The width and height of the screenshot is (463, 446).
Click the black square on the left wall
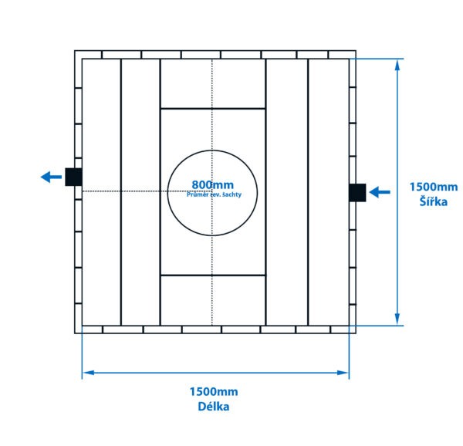point(73,177)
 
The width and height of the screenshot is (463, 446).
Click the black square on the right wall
point(357,192)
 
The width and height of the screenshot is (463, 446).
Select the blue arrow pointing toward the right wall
point(380,192)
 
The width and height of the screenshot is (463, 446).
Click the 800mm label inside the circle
point(212,185)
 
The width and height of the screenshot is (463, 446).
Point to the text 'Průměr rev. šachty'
point(214,195)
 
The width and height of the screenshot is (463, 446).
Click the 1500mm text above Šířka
point(433,187)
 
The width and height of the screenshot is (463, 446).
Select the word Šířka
point(433,201)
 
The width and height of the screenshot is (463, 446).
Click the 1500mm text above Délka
point(214,392)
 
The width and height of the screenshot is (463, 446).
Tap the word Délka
point(214,406)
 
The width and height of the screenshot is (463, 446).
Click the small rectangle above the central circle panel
point(213,83)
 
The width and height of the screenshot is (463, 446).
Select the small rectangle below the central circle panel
point(213,299)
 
